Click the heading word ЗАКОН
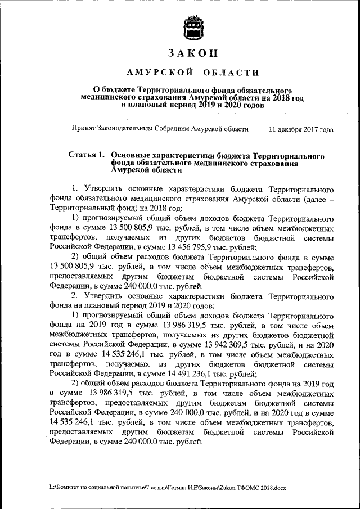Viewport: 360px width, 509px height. click(x=192, y=53)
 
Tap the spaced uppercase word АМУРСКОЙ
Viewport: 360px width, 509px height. click(x=160, y=73)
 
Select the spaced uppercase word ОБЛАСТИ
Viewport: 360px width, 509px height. click(x=232, y=73)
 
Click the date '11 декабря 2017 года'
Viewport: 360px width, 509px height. click(x=301, y=129)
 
